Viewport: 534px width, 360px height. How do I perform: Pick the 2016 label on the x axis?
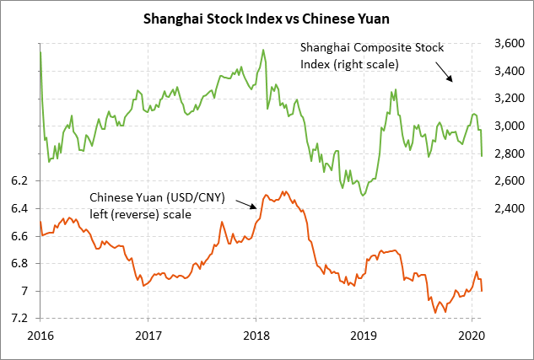[x=40, y=336]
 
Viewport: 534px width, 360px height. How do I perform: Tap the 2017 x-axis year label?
[x=148, y=336]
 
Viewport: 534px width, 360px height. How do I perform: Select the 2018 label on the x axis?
[x=256, y=336]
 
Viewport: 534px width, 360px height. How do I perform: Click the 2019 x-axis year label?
[x=364, y=336]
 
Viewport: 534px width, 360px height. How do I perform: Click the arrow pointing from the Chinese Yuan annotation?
[x=245, y=205]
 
